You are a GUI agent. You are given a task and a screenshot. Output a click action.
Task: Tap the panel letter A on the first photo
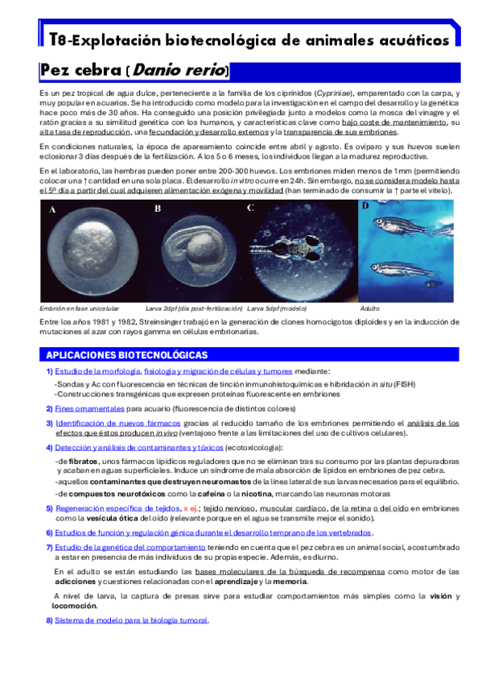(53, 210)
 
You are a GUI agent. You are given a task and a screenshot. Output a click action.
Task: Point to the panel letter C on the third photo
(251, 208)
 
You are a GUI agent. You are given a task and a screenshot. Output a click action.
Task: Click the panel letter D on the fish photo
(365, 206)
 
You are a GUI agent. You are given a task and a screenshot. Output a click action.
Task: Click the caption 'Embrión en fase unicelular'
(79, 308)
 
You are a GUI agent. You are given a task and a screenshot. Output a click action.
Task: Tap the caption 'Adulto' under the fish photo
(370, 308)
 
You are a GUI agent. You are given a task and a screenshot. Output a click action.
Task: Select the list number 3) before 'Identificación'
(49, 422)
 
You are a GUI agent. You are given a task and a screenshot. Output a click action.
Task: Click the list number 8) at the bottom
(49, 620)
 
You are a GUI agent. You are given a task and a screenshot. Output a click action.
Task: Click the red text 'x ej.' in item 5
(191, 508)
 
